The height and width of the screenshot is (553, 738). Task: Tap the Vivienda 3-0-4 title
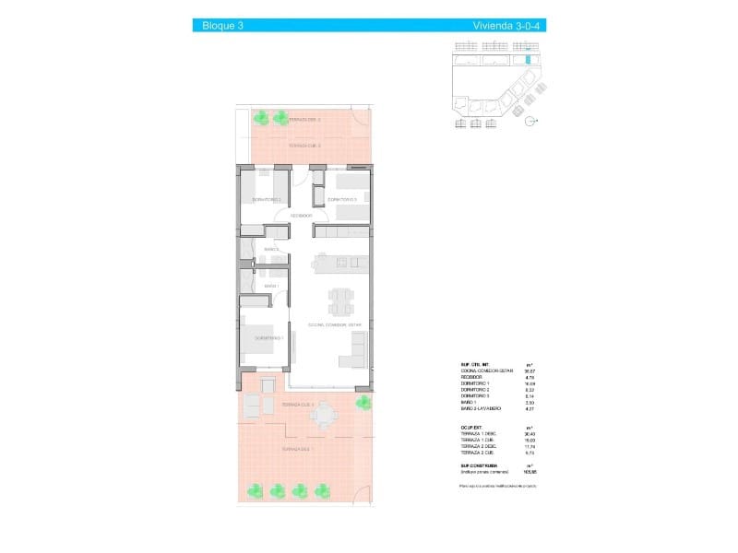(508, 26)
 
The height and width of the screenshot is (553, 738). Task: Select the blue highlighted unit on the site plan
(527, 60)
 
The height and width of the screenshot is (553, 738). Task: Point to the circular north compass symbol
(530, 121)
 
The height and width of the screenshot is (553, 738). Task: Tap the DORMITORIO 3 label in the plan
(342, 199)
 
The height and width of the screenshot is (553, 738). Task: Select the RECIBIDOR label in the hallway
(302, 216)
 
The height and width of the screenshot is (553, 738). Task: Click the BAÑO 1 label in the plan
(271, 286)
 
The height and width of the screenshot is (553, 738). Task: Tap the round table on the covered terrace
(323, 417)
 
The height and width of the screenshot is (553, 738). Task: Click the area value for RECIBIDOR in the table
(530, 376)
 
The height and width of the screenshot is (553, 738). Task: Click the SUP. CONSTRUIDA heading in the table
(478, 467)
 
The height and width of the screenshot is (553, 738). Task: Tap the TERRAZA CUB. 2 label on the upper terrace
(304, 146)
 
